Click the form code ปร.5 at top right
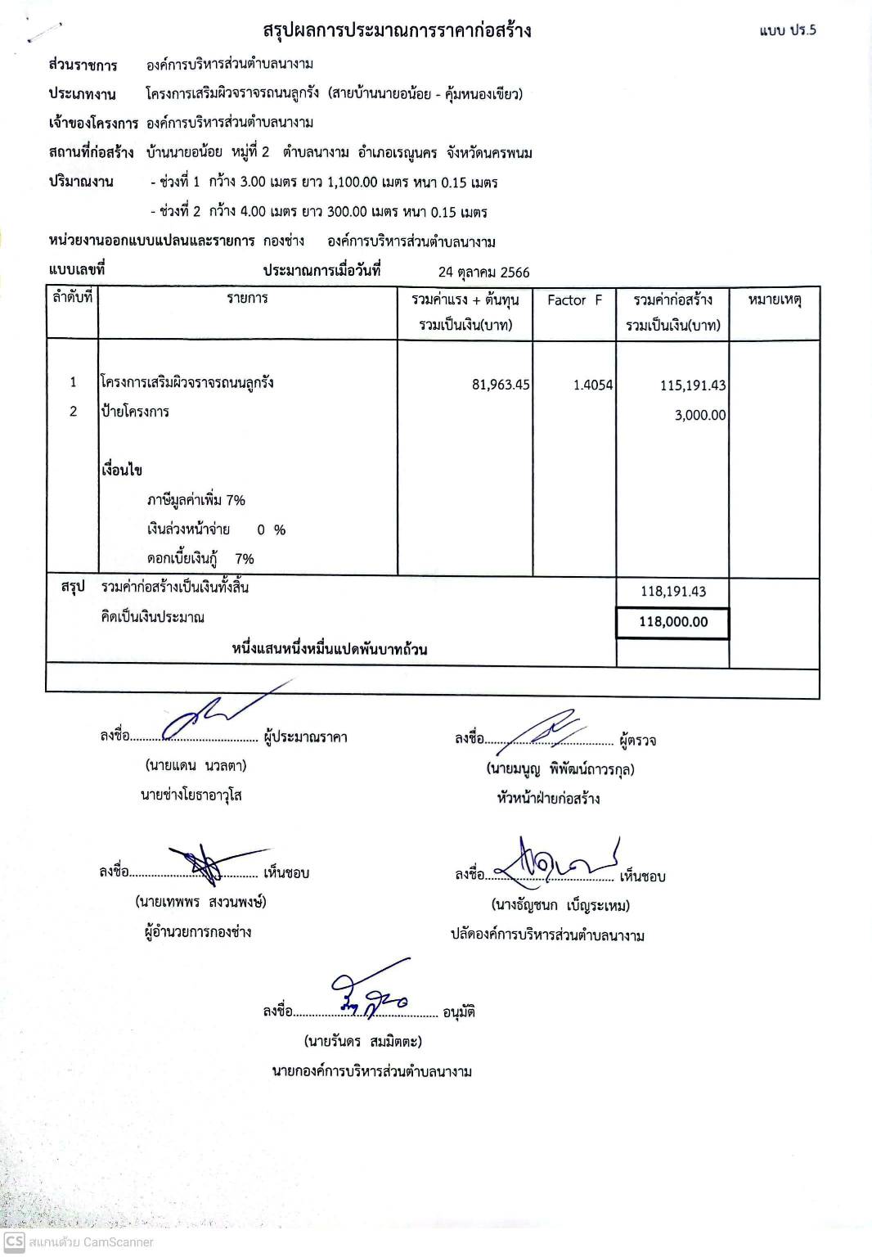tap(787, 31)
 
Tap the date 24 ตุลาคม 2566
tap(483, 272)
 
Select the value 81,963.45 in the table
tap(501, 385)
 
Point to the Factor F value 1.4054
tap(592, 385)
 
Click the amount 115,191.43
tap(693, 385)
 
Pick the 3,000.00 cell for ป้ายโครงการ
tap(699, 415)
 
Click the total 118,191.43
tap(672, 592)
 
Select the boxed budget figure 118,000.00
tap(672, 622)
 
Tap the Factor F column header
tap(574, 300)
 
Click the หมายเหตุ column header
tap(774, 300)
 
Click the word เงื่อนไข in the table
tap(122, 471)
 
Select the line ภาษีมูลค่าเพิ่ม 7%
tap(196, 500)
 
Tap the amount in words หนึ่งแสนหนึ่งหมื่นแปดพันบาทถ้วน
tap(330, 650)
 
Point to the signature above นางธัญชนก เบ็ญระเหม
tap(558, 862)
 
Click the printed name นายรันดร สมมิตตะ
tap(363, 1042)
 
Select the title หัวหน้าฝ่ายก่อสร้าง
tap(548, 799)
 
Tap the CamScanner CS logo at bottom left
tap(14, 1241)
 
